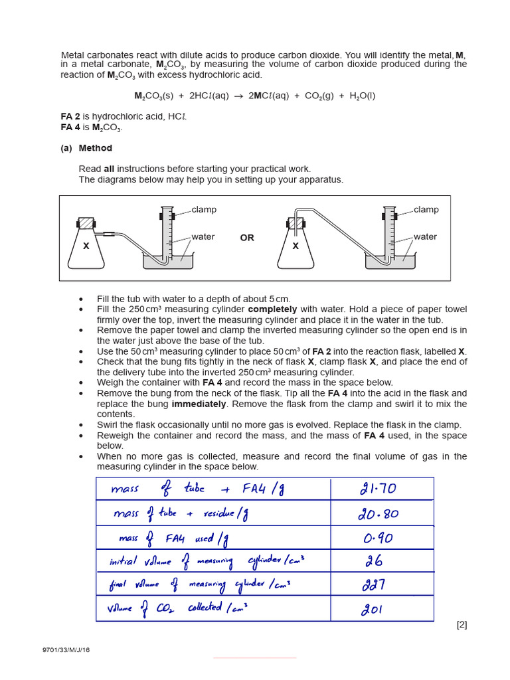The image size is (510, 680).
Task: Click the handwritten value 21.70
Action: pos(378,489)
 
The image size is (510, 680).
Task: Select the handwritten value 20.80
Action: pos(379,514)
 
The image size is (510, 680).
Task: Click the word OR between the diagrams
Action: pos(247,238)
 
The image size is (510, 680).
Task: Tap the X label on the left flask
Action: pos(86,246)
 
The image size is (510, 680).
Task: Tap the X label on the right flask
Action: pos(296,246)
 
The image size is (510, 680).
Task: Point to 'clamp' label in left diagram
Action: pos(204,210)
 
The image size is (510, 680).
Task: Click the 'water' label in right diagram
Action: pos(425,237)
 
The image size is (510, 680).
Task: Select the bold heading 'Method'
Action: pos(96,148)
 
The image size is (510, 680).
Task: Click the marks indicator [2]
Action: pos(462,625)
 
